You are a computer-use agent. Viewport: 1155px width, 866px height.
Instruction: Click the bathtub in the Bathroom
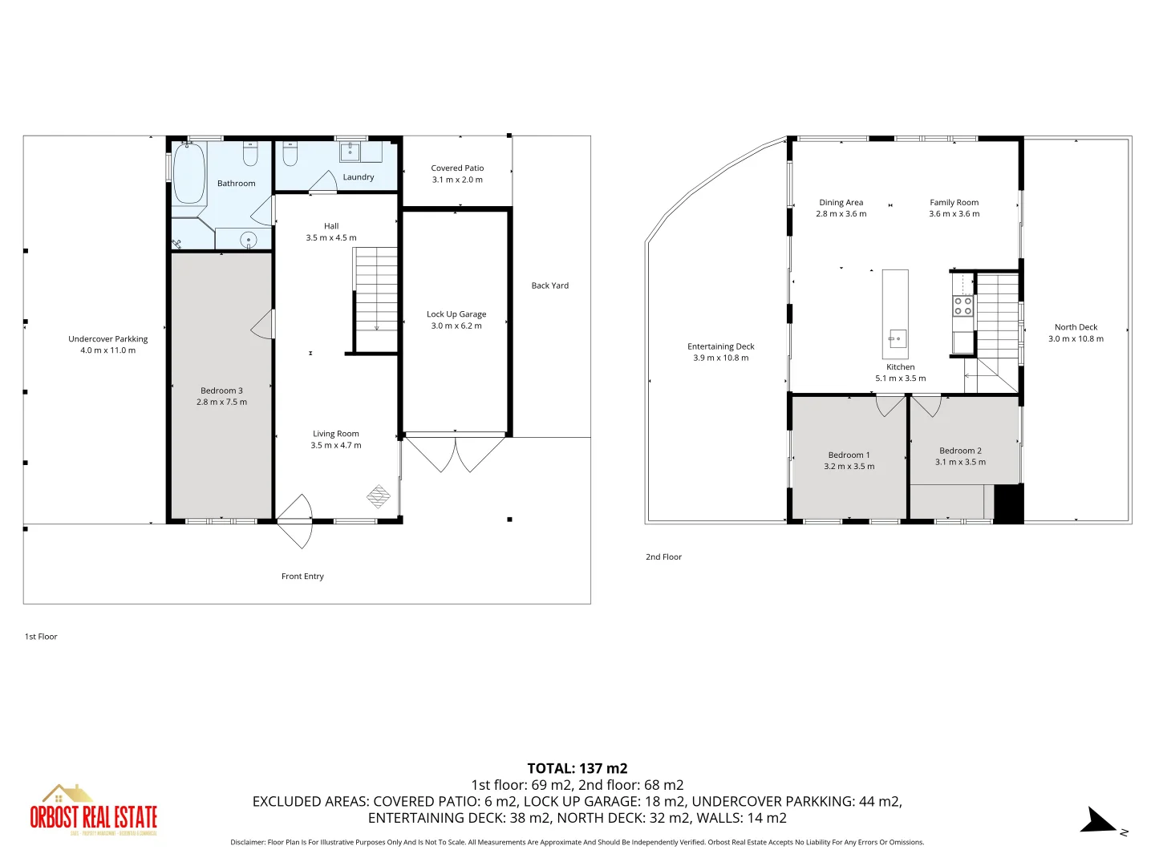189,173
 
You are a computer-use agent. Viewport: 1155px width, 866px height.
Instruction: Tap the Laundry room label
358,177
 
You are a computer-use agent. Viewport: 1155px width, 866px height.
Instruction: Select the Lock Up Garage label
456,314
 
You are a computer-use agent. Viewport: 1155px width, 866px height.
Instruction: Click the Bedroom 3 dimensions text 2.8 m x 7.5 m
221,403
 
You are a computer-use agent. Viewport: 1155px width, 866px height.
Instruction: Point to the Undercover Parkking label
108,339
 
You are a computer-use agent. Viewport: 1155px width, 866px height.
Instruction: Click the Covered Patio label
457,168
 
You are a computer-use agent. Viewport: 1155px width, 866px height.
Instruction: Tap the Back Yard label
549,285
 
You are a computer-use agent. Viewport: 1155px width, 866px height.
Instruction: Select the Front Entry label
302,577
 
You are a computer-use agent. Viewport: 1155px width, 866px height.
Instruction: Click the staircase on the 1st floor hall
376,289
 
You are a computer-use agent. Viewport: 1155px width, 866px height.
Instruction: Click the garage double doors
455,453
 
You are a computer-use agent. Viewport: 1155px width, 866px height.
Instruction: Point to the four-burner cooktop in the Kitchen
963,306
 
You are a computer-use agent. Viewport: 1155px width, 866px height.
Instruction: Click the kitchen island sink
898,338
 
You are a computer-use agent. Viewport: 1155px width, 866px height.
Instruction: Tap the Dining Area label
841,203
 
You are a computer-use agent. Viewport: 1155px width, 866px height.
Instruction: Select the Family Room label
954,203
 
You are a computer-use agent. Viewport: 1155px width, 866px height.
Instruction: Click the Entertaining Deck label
720,346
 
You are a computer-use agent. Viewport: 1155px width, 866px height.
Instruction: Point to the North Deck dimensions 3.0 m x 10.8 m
1076,338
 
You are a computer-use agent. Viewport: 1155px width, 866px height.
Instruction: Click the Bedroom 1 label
849,455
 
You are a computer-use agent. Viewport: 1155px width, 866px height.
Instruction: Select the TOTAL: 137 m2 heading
577,768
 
